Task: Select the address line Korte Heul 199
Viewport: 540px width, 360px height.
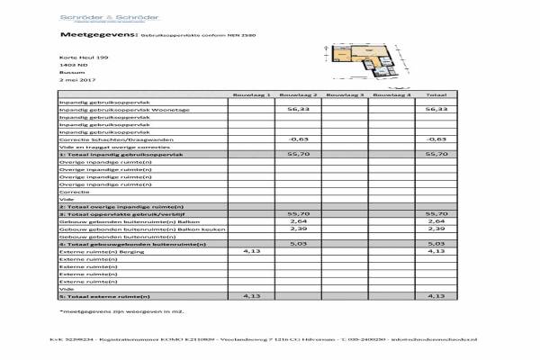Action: coord(76,58)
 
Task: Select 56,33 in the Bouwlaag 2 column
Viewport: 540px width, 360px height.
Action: coord(298,110)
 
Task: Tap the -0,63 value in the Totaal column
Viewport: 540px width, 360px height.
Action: coord(436,139)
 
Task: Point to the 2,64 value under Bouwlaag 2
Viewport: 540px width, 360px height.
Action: coord(298,220)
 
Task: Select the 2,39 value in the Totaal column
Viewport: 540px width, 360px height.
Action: coord(436,229)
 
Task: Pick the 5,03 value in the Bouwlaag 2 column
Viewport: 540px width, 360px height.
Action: coord(298,243)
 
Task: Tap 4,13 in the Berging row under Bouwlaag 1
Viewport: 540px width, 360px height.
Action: coord(251,251)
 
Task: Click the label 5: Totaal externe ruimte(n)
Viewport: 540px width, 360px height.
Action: coord(103,295)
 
